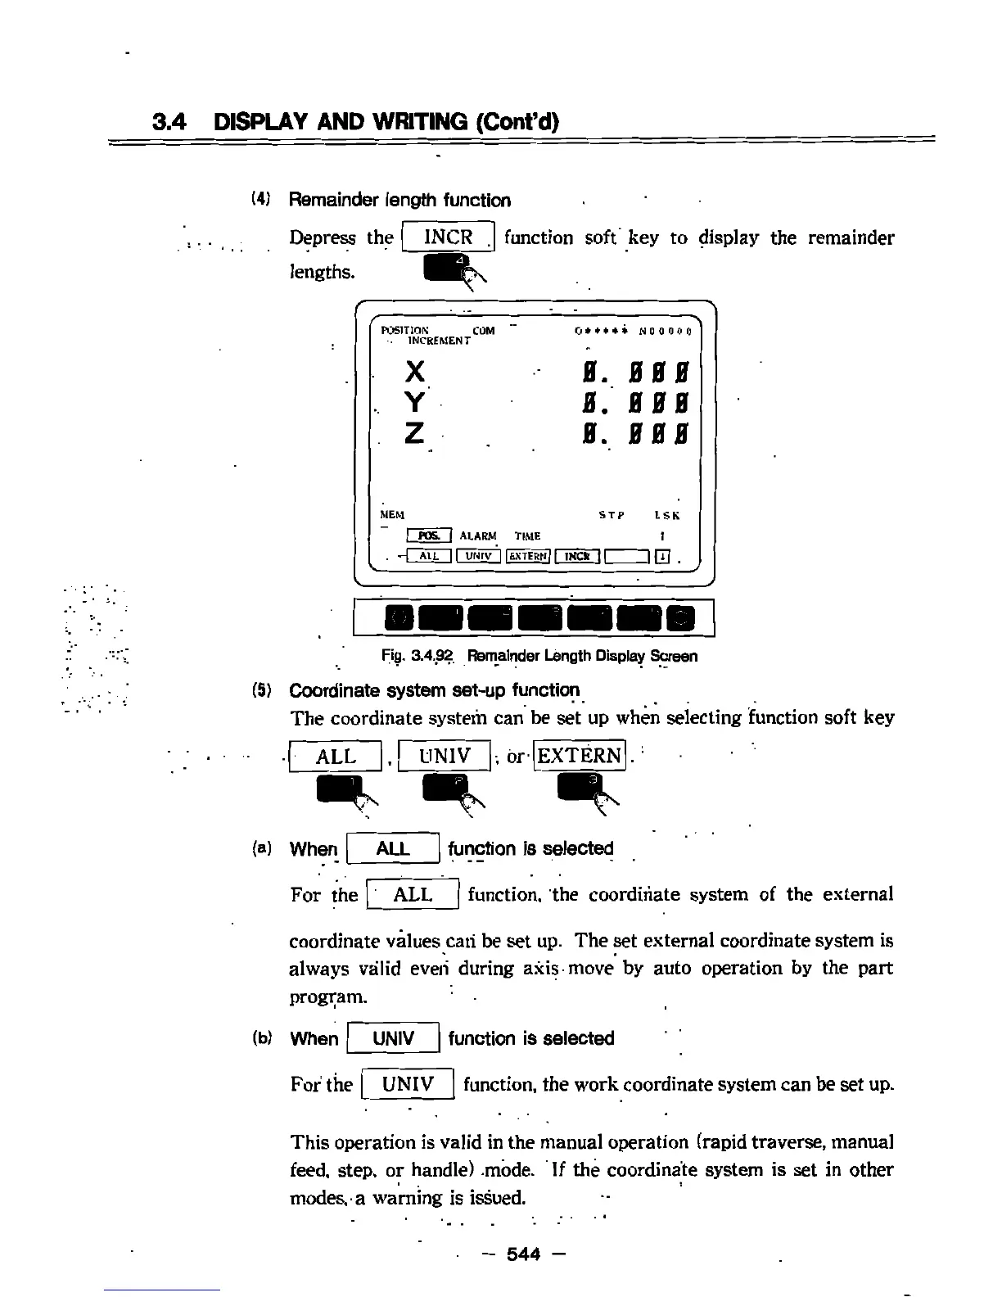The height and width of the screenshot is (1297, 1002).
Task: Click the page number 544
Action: (524, 1254)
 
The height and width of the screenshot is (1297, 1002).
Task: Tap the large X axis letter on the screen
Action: (416, 373)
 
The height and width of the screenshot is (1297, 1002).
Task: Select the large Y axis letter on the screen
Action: (416, 402)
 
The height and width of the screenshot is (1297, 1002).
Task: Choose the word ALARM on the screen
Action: (478, 536)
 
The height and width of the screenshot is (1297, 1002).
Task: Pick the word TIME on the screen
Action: (527, 536)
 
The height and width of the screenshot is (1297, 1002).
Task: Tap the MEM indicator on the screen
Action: (393, 515)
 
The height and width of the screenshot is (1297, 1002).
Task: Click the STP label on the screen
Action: (612, 516)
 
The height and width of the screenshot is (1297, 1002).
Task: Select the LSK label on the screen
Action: (667, 516)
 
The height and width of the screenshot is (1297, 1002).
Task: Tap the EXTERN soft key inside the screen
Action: (528, 557)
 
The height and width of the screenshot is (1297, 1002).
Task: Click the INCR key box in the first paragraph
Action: (449, 237)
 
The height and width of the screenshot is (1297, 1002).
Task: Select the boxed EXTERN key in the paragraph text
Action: (579, 755)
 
